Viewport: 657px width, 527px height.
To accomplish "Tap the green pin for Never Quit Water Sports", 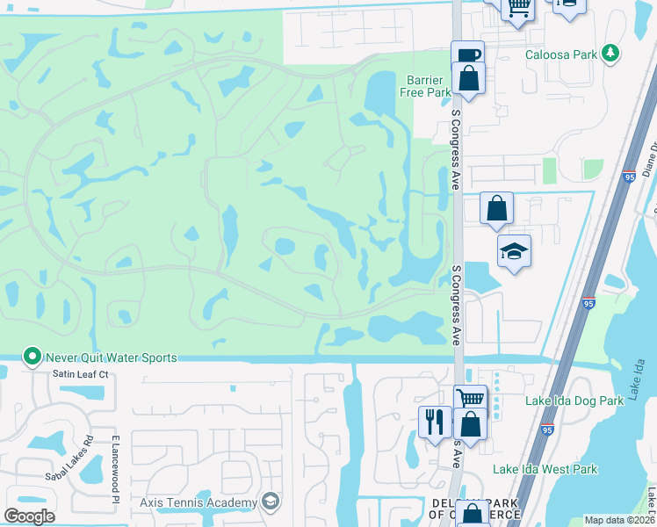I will click(x=32, y=357).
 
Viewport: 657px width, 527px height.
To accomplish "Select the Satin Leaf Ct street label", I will click(x=80, y=374).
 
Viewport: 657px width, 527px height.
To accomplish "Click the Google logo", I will click(x=29, y=516).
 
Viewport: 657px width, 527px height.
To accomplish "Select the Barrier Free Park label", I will click(x=425, y=85).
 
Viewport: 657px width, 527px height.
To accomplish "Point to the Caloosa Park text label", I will click(x=560, y=54).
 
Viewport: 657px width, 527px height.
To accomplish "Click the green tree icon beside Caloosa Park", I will click(x=610, y=54).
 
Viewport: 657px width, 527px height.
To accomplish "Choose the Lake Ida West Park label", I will click(x=545, y=469).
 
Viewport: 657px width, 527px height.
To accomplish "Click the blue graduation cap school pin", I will click(x=514, y=251).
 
